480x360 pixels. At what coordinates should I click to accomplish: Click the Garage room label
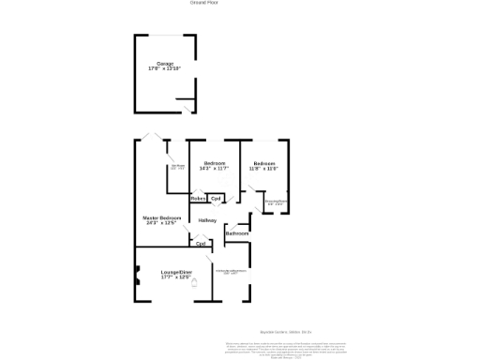[x=165, y=64]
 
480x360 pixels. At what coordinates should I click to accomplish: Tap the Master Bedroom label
[x=161, y=217]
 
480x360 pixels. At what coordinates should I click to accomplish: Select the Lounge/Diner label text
[x=175, y=272]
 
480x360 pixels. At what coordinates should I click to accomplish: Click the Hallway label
[x=207, y=220]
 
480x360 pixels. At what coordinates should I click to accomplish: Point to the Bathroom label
[x=236, y=233]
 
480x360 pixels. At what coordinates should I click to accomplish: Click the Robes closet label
[x=198, y=199]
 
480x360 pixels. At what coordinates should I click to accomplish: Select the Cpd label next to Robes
[x=216, y=199]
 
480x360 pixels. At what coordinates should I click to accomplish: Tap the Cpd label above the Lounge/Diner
[x=201, y=244]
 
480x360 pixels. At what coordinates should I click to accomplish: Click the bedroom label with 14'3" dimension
[x=215, y=163]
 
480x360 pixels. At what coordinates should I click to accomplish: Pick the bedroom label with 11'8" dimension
[x=264, y=163]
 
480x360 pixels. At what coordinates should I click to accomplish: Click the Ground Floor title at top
[x=203, y=4]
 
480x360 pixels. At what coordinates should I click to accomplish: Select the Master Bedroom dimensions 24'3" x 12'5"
[x=162, y=223]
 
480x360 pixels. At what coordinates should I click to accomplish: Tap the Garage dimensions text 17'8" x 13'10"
[x=165, y=69]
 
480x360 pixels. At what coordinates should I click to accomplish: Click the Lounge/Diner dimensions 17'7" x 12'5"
[x=175, y=277]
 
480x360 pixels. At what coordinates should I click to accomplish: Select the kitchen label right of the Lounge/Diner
[x=231, y=271]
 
